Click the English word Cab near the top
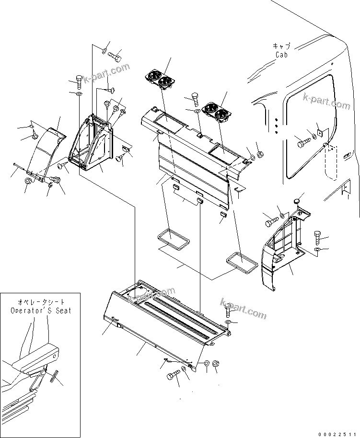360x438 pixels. (x=282, y=55)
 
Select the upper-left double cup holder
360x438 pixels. (x=159, y=80)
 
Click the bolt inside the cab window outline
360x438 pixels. (x=303, y=142)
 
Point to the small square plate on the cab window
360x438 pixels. (x=320, y=131)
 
